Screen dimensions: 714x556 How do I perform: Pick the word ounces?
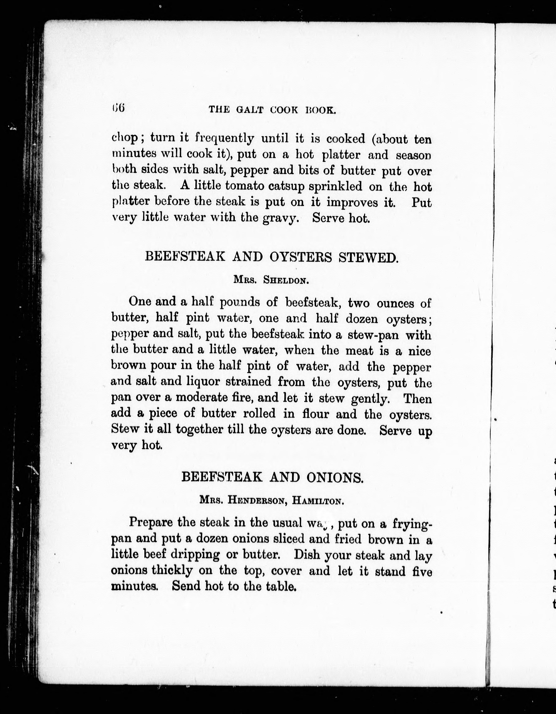point(395,303)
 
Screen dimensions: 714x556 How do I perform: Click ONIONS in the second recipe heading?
point(334,478)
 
